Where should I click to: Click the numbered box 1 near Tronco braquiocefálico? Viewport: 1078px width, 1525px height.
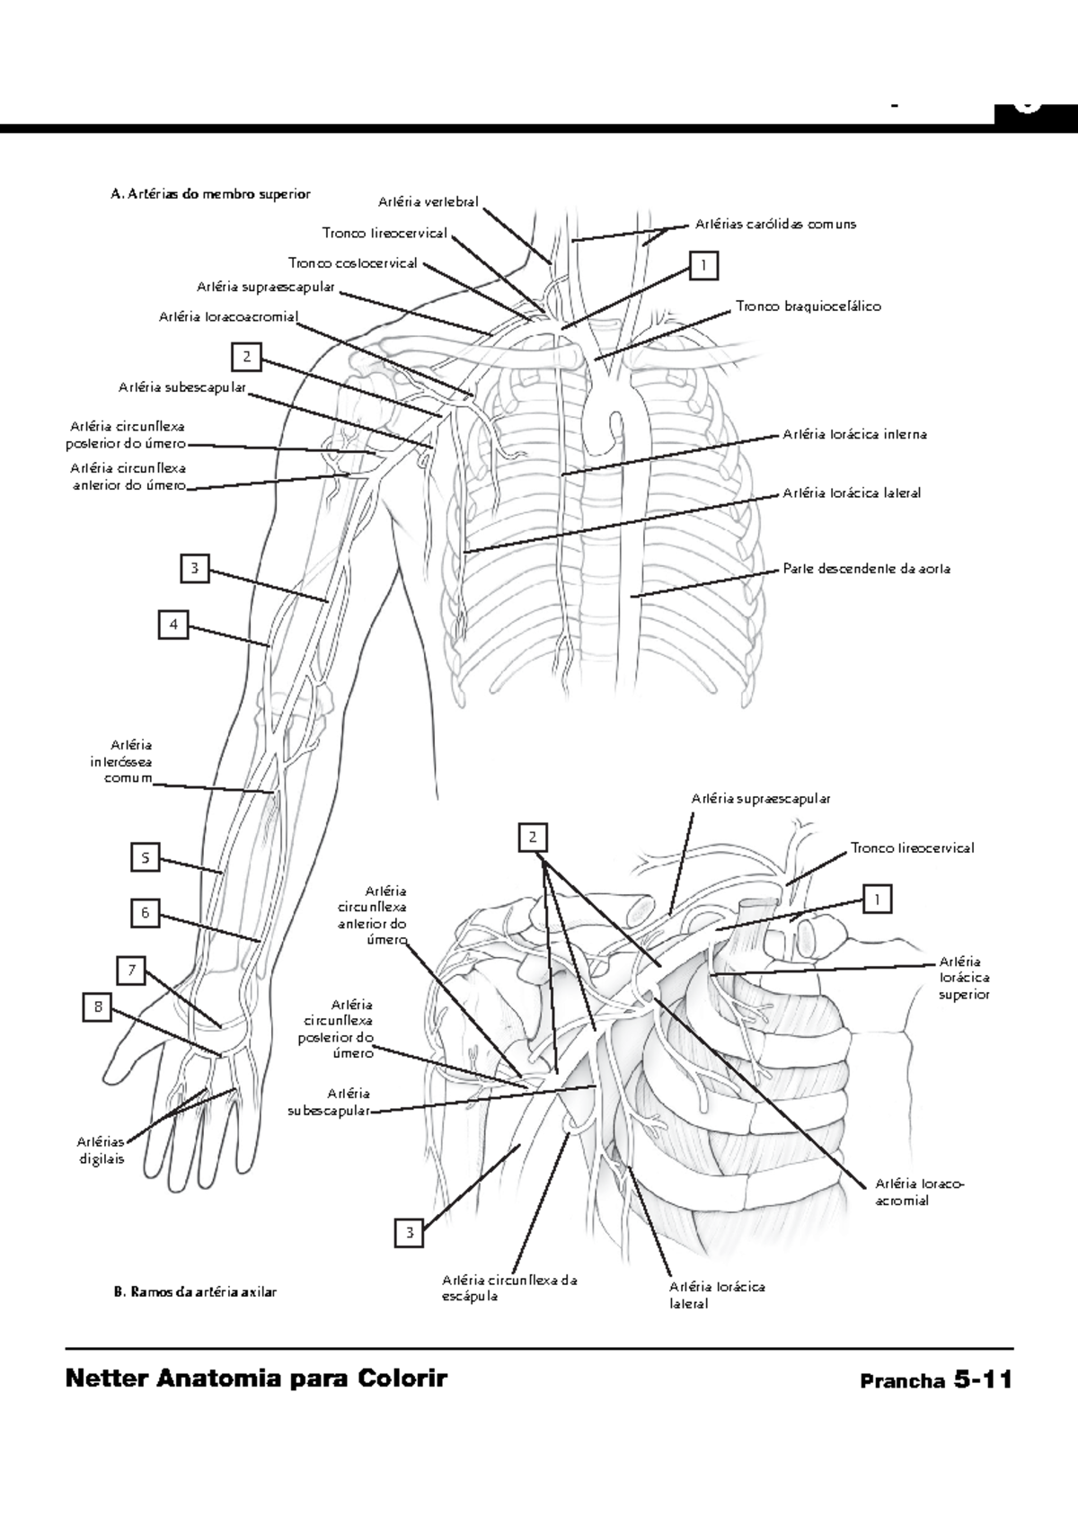[704, 265]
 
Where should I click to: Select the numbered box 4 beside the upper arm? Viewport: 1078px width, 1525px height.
[173, 625]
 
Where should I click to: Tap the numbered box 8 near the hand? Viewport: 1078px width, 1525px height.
[97, 1006]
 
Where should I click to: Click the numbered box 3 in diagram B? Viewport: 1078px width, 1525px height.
[410, 1232]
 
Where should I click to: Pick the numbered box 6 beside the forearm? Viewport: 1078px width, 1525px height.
[146, 913]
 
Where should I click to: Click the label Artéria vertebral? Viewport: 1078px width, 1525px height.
[429, 202]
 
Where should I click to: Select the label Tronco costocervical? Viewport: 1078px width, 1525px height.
[352, 263]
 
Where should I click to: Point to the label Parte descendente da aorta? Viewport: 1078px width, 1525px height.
[866, 569]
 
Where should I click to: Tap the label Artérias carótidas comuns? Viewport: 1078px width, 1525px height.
[775, 224]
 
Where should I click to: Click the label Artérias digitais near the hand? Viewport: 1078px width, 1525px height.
[100, 1150]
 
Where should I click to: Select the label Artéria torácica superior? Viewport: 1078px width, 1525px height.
[964, 978]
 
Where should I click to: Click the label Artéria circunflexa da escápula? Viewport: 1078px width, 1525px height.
[508, 1288]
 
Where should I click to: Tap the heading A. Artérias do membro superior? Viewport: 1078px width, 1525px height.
[209, 193]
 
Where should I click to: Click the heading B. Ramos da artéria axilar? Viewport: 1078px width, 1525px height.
[194, 1292]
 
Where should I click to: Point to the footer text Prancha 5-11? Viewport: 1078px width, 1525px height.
[935, 1380]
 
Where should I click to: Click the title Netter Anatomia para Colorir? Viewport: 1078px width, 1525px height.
[256, 1379]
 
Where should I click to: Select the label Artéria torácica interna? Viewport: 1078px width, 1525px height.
[854, 434]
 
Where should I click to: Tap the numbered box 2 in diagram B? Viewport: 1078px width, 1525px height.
[533, 837]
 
